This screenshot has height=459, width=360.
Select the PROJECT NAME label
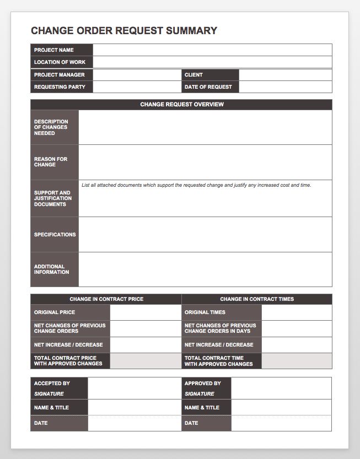click(53, 50)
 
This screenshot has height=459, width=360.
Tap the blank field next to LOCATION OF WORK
click(212, 62)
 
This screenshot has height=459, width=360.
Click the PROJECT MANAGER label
click(59, 75)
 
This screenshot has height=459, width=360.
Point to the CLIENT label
click(194, 75)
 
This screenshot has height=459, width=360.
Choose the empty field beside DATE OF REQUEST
click(285, 87)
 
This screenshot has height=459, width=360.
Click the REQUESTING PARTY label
click(59, 87)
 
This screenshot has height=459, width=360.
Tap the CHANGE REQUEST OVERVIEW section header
click(181, 104)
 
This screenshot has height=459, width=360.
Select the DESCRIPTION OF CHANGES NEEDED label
click(51, 127)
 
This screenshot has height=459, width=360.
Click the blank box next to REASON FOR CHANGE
click(205, 162)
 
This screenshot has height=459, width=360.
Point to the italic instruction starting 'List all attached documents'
click(196, 185)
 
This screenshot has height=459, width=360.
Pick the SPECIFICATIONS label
click(55, 235)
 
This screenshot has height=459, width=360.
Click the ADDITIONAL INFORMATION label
click(51, 269)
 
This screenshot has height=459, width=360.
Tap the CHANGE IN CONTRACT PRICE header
click(106, 299)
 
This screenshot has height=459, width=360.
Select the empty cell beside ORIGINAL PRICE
click(146, 312)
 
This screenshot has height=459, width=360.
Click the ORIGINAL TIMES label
click(205, 312)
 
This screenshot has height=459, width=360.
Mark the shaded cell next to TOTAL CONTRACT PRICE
click(146, 361)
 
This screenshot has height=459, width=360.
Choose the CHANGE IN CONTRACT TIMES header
click(257, 299)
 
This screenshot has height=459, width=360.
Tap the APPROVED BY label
click(202, 384)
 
